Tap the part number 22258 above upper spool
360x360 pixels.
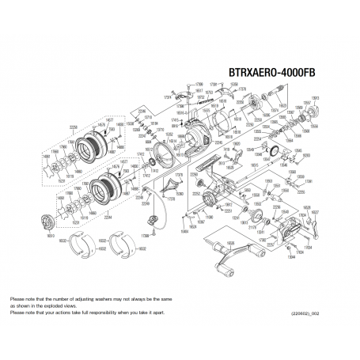[x=74, y=125]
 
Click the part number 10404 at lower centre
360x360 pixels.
[x=184, y=232]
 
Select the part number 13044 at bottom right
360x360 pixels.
[x=291, y=258]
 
